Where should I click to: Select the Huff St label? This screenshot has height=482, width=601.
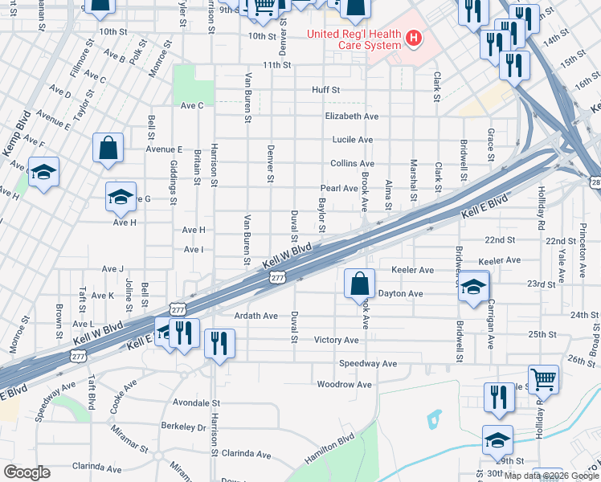tap(326, 90)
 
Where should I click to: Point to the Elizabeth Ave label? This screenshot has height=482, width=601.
tap(351, 116)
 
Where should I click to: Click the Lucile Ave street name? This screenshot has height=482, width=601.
tap(353, 139)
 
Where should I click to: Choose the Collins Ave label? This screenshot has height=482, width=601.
tap(352, 163)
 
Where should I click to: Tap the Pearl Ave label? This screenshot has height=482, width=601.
tap(339, 188)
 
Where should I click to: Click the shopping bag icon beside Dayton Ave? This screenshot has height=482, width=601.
tap(359, 284)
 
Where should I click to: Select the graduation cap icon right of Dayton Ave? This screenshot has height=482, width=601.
tap(474, 287)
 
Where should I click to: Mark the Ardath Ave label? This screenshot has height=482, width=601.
tap(256, 316)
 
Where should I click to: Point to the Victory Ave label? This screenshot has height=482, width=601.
tap(336, 340)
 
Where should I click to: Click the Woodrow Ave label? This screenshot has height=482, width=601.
tap(345, 385)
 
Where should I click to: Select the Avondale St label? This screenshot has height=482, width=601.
tap(196, 402)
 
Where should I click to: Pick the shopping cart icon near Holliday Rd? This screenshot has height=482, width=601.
tap(544, 379)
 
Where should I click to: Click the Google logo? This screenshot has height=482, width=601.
tap(27, 472)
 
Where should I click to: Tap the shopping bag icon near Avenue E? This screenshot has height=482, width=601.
tap(108, 148)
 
